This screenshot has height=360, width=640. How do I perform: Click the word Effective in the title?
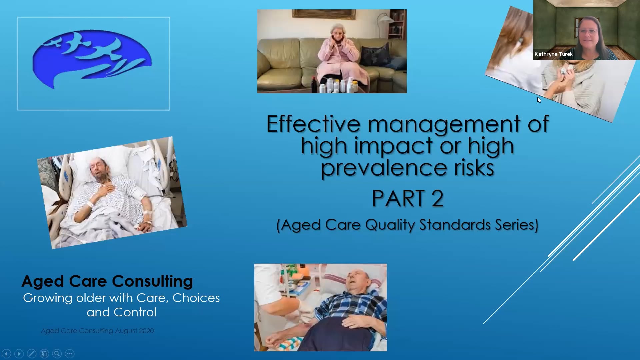pos(313,124)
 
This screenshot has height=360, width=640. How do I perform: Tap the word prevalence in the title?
pos(383,168)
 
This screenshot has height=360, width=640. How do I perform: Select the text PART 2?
pos(407,199)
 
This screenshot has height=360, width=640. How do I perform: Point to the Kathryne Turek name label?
pos(553,54)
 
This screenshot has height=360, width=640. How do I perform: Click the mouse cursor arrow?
pos(539,100)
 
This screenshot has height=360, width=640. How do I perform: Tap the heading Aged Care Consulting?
pos(107,281)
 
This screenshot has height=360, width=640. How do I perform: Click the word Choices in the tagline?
pos(196,298)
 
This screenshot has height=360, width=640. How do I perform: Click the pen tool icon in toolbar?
pos(32,353)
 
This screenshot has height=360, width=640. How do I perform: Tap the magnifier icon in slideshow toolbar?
pos(57,353)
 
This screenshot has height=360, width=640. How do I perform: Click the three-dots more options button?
pos(70,353)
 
